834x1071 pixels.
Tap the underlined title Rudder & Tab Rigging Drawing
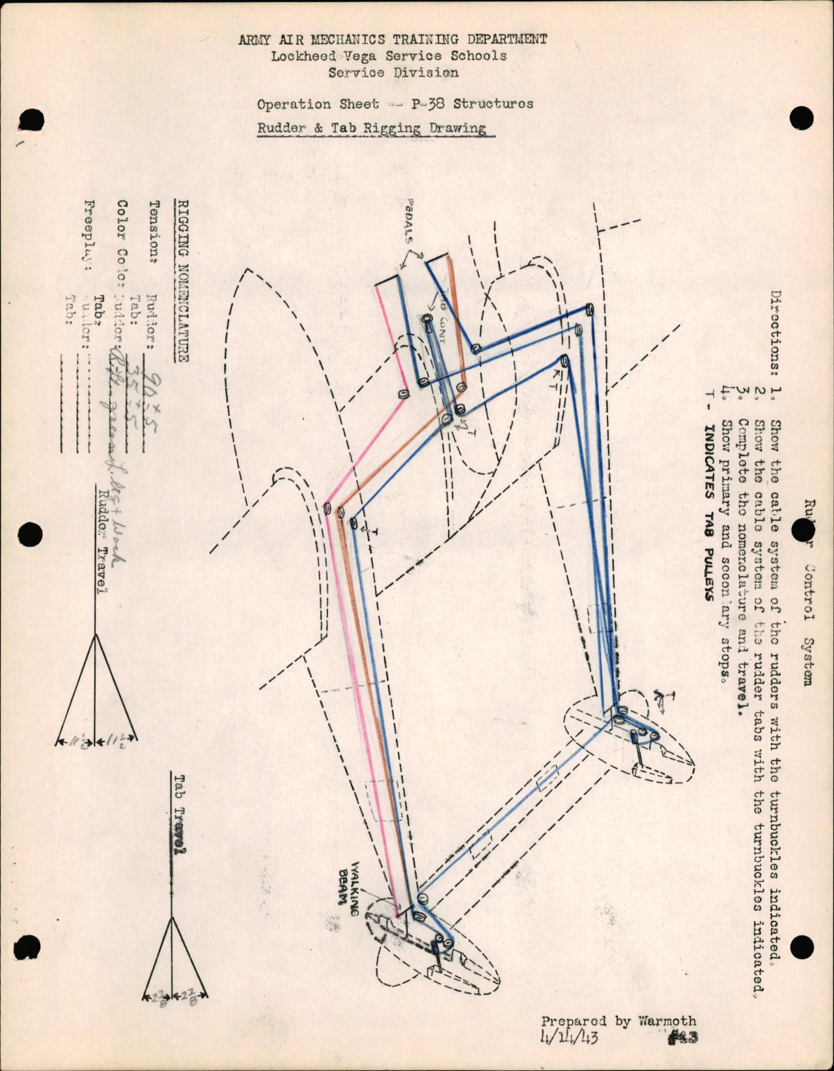point(372,128)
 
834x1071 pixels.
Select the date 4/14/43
point(569,1036)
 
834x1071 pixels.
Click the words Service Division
point(393,72)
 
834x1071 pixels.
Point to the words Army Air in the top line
point(270,40)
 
